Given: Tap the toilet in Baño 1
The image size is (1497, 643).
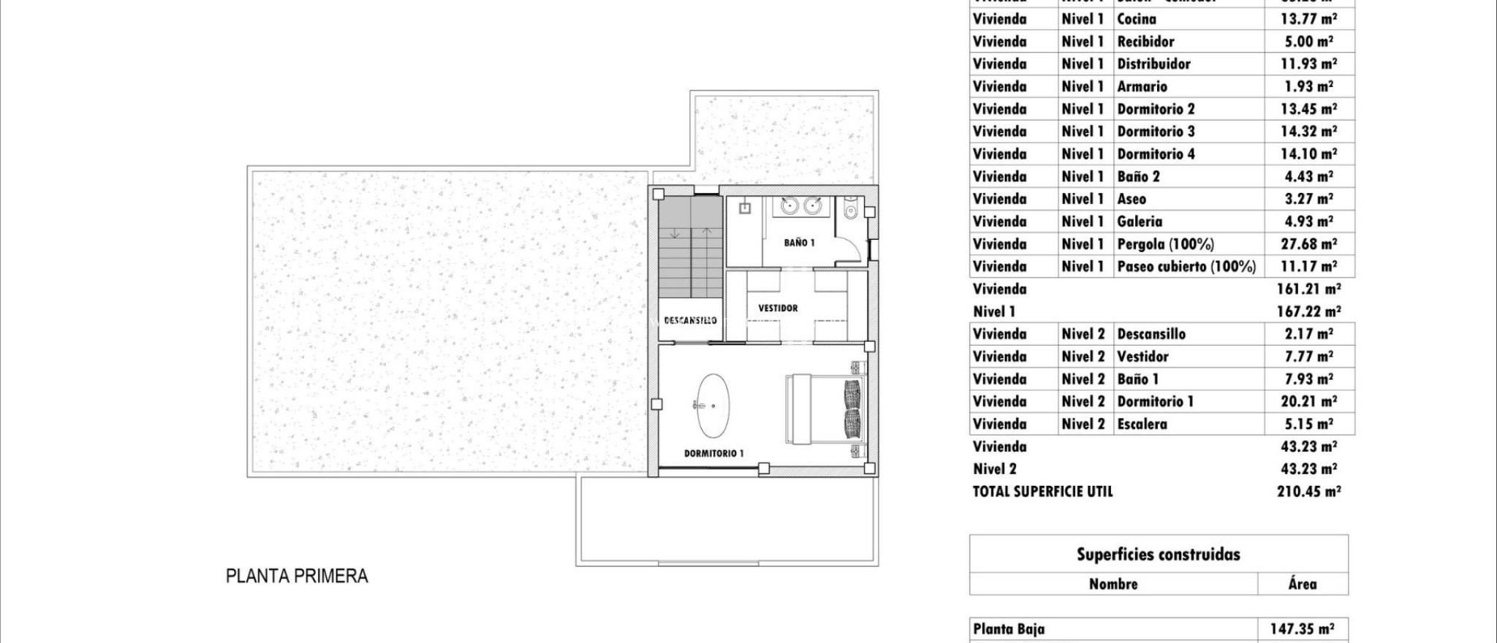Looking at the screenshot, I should click(x=849, y=211).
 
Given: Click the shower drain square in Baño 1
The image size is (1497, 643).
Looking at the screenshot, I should click(x=745, y=208).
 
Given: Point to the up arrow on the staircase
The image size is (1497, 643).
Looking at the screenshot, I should click(x=707, y=232).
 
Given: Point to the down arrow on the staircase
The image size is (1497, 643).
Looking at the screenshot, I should click(x=674, y=233).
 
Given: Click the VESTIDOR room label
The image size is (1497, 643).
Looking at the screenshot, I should click(x=778, y=308).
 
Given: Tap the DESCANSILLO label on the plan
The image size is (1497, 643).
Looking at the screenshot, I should click(x=690, y=320).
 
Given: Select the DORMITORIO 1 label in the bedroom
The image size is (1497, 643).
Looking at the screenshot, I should click(x=713, y=453).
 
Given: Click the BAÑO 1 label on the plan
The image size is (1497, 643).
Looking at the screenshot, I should click(x=799, y=243).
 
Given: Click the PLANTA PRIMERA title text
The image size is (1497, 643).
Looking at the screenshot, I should click(x=297, y=577).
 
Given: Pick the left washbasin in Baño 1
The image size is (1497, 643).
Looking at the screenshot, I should click(x=789, y=207).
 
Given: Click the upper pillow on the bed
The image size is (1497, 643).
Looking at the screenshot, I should click(x=852, y=393).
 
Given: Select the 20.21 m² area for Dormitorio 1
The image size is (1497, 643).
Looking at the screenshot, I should click(x=1310, y=401).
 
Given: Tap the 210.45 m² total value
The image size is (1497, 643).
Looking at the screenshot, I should click(x=1308, y=492).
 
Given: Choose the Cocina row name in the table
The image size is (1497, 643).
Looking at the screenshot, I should click(x=1137, y=19).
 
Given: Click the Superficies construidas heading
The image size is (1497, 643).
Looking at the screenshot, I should click(x=1158, y=555).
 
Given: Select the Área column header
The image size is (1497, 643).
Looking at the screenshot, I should click(x=1302, y=584).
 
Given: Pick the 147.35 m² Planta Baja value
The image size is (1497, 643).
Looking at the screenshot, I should click(x=1303, y=629).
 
